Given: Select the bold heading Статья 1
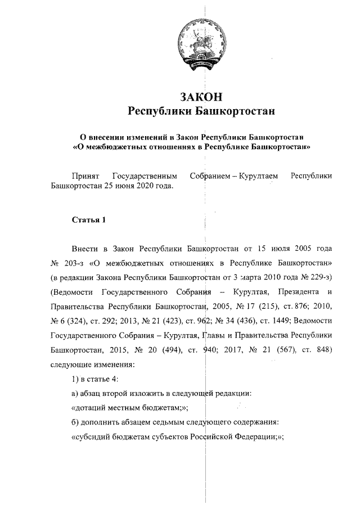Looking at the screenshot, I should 88,219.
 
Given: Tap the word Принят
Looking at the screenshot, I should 84,176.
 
